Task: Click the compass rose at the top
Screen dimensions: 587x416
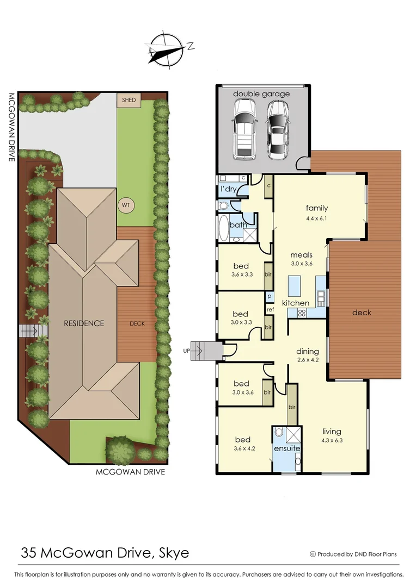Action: [x=167, y=49]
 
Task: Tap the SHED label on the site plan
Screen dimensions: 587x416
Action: [x=129, y=100]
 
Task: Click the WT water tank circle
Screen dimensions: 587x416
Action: [x=126, y=205]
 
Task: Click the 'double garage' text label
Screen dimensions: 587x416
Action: [x=261, y=93]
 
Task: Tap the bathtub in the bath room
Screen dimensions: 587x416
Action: [x=223, y=229]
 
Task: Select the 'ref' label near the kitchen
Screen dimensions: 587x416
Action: [x=270, y=309]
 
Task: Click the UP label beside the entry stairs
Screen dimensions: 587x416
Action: [x=187, y=351]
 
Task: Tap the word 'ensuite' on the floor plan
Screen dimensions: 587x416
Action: [x=287, y=448]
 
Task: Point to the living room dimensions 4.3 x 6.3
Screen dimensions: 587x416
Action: [x=331, y=441]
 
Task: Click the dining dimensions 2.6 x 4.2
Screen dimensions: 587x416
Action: [x=307, y=359]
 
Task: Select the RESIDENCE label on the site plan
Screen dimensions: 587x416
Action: [x=84, y=323]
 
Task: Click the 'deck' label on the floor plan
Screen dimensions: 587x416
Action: [x=362, y=312]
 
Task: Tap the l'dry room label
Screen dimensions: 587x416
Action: [x=227, y=189]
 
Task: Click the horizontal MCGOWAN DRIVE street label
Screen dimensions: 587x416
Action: [x=130, y=472]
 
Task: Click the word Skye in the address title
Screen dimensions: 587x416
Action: [x=174, y=553]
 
